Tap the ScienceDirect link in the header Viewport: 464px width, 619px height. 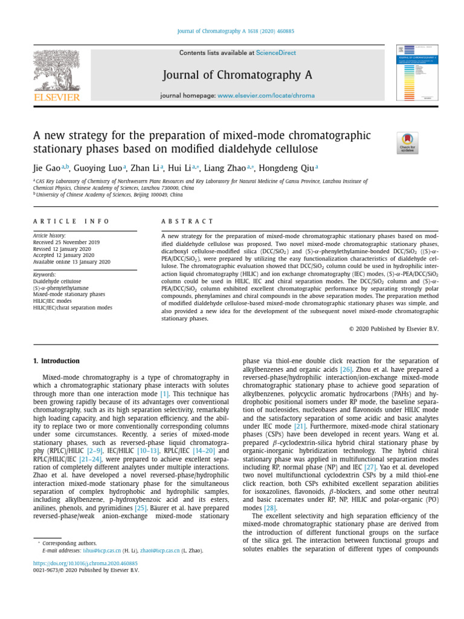(276, 53)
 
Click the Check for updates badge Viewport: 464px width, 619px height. (407, 143)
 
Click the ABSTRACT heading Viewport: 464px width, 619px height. (187, 222)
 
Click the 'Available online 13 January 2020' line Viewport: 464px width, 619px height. (71, 262)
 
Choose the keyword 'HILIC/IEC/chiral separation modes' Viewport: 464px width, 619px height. (72, 308)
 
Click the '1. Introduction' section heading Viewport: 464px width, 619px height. (56, 361)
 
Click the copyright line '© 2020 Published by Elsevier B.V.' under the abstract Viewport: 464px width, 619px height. (394, 329)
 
